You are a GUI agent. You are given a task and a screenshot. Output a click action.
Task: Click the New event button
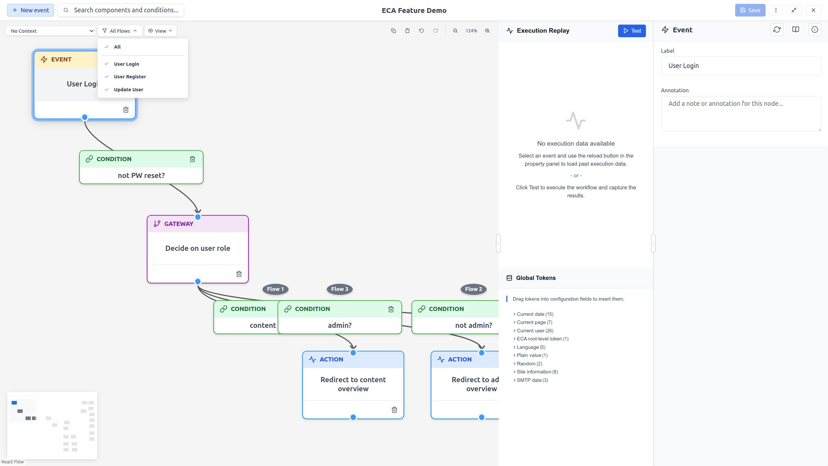tap(30, 10)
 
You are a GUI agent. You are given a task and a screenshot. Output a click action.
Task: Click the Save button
tap(750, 10)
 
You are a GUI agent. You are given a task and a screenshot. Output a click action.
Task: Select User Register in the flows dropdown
tap(130, 77)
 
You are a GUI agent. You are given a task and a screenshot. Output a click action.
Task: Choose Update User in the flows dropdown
tap(128, 90)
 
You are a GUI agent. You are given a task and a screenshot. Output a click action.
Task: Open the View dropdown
tap(160, 31)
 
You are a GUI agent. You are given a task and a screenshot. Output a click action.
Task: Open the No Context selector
tap(51, 31)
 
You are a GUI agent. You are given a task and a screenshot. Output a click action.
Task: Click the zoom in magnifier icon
tap(487, 31)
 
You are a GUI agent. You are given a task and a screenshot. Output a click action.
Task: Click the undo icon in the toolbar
tap(421, 31)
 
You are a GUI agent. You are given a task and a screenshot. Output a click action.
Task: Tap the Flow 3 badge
tap(339, 289)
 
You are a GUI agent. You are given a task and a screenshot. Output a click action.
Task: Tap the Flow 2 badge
tap(473, 289)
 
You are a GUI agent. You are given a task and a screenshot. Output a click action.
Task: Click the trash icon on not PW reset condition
tap(192, 159)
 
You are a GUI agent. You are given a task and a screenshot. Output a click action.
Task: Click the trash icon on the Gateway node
tap(239, 274)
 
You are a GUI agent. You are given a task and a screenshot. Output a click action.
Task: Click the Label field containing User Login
tap(741, 66)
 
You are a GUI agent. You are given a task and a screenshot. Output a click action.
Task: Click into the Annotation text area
tap(741, 113)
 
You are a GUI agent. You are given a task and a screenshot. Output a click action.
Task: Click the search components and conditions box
tap(125, 10)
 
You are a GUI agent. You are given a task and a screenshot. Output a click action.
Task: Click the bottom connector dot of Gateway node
tap(198, 282)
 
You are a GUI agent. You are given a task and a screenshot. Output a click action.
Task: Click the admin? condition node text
tap(339, 325)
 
